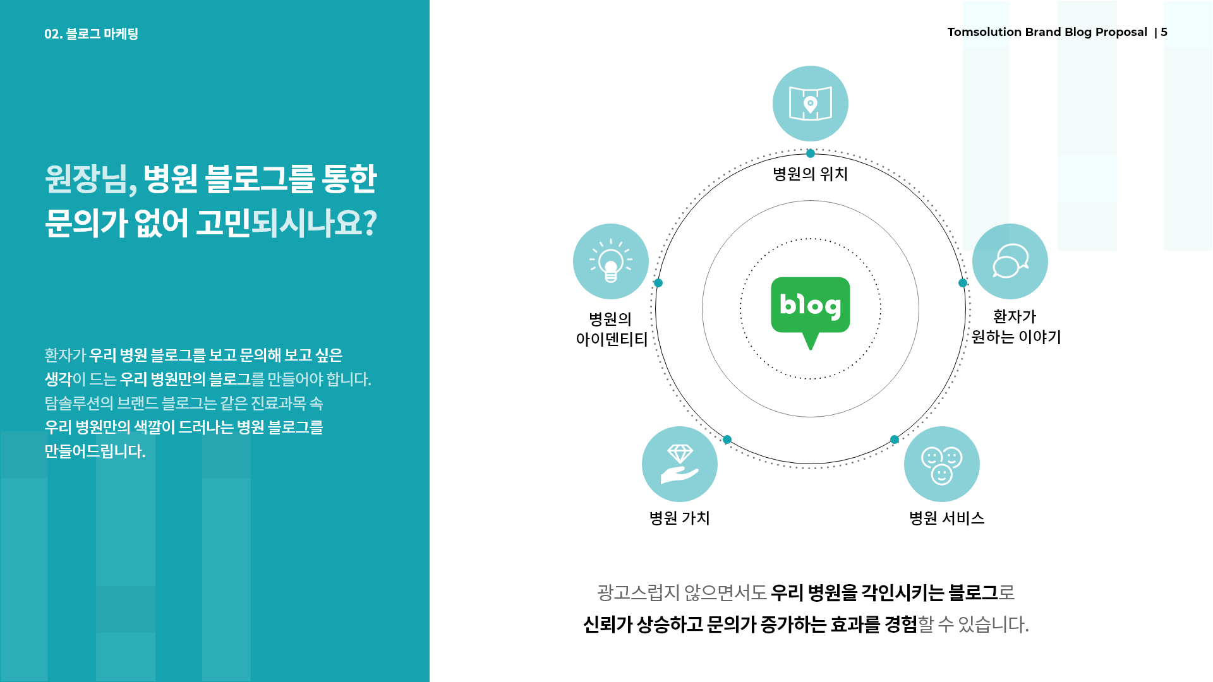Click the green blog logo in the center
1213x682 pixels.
(811, 309)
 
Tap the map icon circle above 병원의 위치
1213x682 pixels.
(811, 104)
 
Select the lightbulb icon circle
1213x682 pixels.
(611, 261)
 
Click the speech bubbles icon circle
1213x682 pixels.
(1010, 261)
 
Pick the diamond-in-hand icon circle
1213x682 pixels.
(680, 464)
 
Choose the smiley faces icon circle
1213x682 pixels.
(942, 464)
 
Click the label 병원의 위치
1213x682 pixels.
(811, 174)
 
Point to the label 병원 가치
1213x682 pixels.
(680, 518)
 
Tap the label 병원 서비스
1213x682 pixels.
(946, 518)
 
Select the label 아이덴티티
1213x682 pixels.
(612, 339)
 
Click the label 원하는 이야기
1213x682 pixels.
(1017, 337)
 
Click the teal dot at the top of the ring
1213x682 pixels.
(811, 153)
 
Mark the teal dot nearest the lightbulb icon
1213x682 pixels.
(658, 283)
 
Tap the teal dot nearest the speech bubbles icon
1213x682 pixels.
(963, 283)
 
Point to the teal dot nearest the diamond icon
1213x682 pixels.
(727, 440)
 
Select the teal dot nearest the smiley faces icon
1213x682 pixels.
(895, 440)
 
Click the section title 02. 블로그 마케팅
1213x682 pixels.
(91, 33)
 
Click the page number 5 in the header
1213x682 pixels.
(1164, 32)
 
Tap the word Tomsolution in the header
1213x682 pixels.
(984, 32)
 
